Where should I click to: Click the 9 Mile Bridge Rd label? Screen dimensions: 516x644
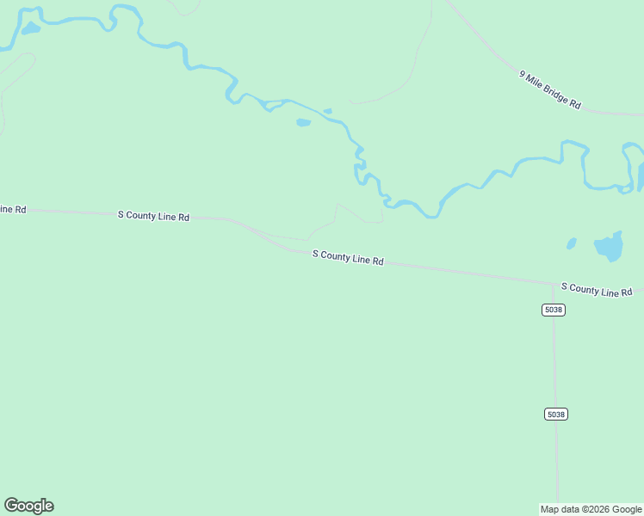coord(550,89)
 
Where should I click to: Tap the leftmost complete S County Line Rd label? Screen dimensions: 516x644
coord(153,216)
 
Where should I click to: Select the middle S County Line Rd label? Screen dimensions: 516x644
coord(348,257)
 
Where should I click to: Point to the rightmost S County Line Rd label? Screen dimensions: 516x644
coord(597,289)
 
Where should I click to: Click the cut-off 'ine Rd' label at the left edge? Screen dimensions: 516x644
coord(13,209)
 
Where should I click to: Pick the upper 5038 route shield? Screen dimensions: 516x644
coord(554,310)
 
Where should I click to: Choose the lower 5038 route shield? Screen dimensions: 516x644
coord(555,415)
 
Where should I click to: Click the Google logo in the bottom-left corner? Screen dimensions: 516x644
coord(28,506)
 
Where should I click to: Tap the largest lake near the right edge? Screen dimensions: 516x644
coord(609,248)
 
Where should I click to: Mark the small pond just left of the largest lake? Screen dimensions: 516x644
coord(572,243)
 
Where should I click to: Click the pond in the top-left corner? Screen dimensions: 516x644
coord(30,28)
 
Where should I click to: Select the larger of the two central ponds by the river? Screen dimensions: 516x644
coord(303,122)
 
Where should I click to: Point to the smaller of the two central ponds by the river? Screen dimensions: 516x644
coord(327,111)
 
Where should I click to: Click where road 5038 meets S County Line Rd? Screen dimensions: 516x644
coord(554,283)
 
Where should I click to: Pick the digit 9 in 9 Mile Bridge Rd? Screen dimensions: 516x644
coord(523,73)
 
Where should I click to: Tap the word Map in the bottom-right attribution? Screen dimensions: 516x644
coord(549,509)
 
